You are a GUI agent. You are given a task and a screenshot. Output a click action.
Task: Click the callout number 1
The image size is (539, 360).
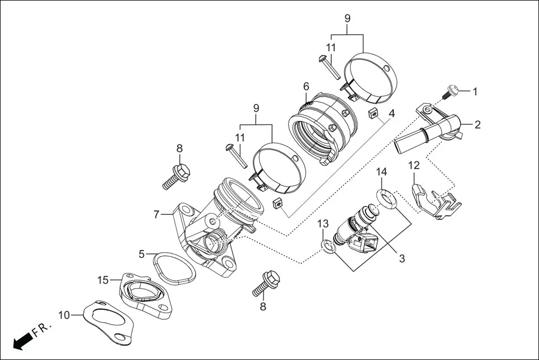475,91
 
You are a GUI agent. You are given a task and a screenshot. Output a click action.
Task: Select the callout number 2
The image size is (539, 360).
478,124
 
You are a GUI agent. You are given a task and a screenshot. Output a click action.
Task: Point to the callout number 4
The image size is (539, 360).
392,113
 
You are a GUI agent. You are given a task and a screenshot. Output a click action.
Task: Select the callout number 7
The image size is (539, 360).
157,213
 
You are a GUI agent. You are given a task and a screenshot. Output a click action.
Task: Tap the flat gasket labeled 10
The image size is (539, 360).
109,322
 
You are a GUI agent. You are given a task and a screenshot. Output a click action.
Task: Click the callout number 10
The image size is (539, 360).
64,315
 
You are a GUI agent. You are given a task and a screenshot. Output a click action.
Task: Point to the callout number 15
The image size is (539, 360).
102,279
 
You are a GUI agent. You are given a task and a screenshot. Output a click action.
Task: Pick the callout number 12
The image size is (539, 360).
413,165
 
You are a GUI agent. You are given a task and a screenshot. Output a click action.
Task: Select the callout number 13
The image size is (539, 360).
323,224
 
